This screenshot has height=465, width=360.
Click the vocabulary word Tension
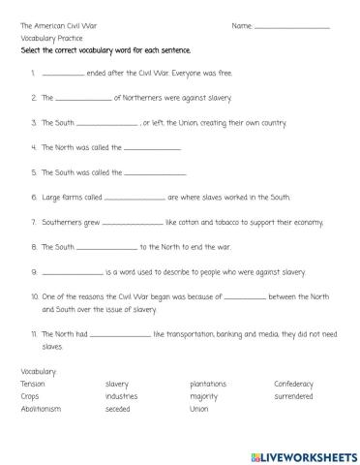point(32,384)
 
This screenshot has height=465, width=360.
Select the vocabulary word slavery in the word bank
point(117,384)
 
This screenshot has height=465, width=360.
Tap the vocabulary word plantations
point(209,384)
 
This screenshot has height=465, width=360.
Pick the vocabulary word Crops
point(30,396)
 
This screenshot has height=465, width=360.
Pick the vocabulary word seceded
point(118,409)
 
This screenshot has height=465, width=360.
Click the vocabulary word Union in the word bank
point(199,409)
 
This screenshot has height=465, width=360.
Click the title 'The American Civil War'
point(59,24)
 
